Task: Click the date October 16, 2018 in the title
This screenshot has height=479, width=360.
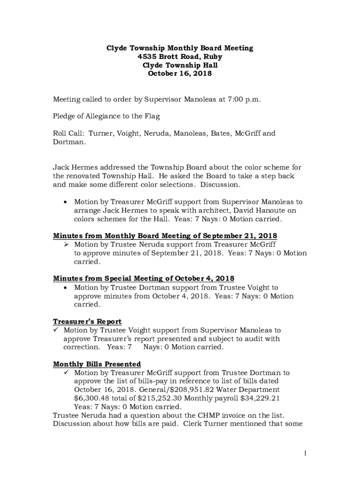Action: pyautogui.click(x=180, y=73)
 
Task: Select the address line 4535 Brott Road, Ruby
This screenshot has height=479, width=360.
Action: pyautogui.click(x=180, y=57)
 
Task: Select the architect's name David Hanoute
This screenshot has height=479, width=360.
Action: pyautogui.click(x=260, y=210)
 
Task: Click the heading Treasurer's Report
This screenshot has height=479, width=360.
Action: pyautogui.click(x=87, y=321)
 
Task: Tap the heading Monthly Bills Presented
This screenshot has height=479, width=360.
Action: pyautogui.click(x=97, y=364)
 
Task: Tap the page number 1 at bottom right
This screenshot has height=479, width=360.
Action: pyautogui.click(x=304, y=453)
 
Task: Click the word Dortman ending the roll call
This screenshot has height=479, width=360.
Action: pyautogui.click(x=68, y=142)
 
